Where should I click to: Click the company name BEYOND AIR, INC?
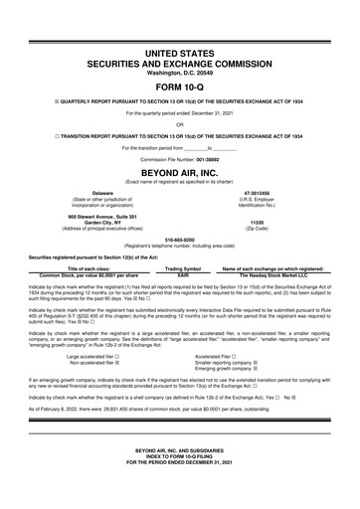click(180, 171)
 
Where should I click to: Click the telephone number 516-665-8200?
click(180, 239)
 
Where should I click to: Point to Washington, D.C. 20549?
click(180, 73)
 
